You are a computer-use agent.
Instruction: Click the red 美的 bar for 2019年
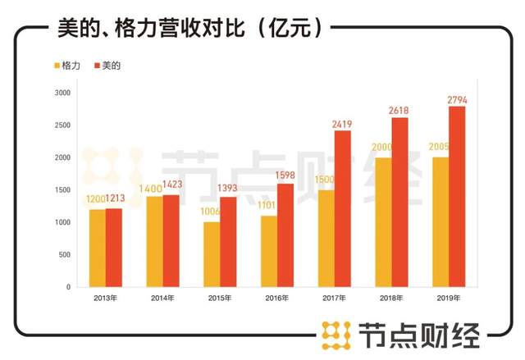pyautogui.click(x=456, y=197)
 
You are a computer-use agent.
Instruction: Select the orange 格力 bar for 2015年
pyautogui.click(x=212, y=254)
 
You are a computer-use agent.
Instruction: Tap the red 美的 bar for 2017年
pyautogui.click(x=342, y=209)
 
